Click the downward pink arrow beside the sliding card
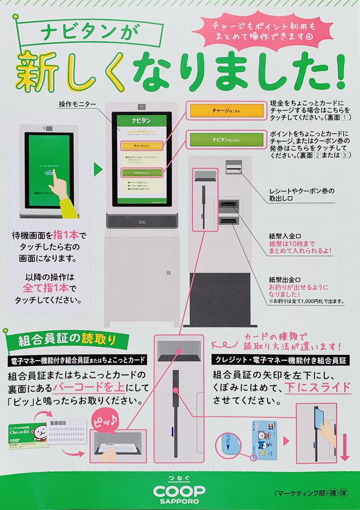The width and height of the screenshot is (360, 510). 344,446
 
